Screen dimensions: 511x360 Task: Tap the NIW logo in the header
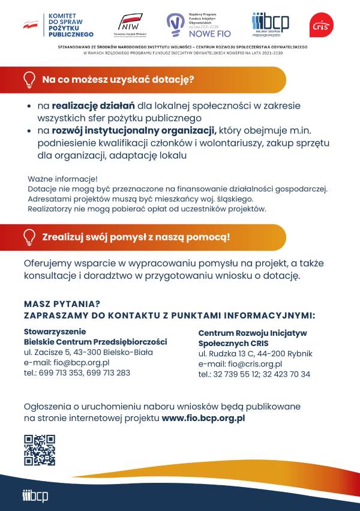coord(131,25)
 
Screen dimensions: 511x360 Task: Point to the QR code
coord(40,450)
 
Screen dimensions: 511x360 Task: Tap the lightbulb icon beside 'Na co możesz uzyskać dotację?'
coord(29,79)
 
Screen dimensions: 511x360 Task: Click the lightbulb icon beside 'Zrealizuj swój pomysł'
coord(29,236)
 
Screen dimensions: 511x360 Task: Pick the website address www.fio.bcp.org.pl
coord(203,417)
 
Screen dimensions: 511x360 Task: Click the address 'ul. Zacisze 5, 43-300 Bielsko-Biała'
coord(88,352)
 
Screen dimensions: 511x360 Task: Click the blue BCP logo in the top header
coord(270,24)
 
